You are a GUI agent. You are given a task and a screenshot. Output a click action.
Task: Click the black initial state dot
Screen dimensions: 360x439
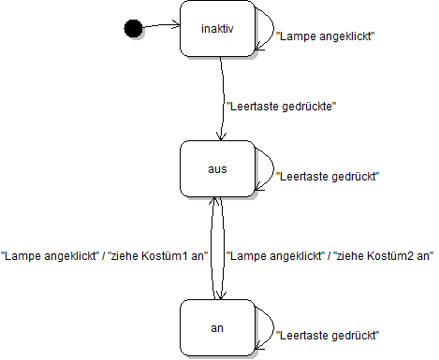click(133, 29)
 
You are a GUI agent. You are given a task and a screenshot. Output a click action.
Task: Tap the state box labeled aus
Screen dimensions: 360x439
click(217, 168)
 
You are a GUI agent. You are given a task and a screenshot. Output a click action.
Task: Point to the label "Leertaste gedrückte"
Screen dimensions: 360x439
click(281, 107)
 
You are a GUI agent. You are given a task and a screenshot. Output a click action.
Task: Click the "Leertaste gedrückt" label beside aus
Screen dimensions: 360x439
click(329, 176)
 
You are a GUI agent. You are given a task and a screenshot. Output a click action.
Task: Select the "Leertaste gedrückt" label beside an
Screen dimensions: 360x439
click(329, 334)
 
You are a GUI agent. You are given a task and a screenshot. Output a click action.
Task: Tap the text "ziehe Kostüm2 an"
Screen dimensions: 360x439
click(387, 255)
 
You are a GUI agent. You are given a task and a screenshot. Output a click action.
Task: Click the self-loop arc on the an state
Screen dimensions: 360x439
click(271, 324)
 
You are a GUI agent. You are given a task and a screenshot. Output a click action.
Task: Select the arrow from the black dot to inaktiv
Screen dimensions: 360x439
click(161, 26)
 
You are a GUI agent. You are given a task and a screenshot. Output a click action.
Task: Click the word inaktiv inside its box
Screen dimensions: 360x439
click(217, 29)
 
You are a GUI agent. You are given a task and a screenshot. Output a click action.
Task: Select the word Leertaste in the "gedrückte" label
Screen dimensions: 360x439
click(251, 107)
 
